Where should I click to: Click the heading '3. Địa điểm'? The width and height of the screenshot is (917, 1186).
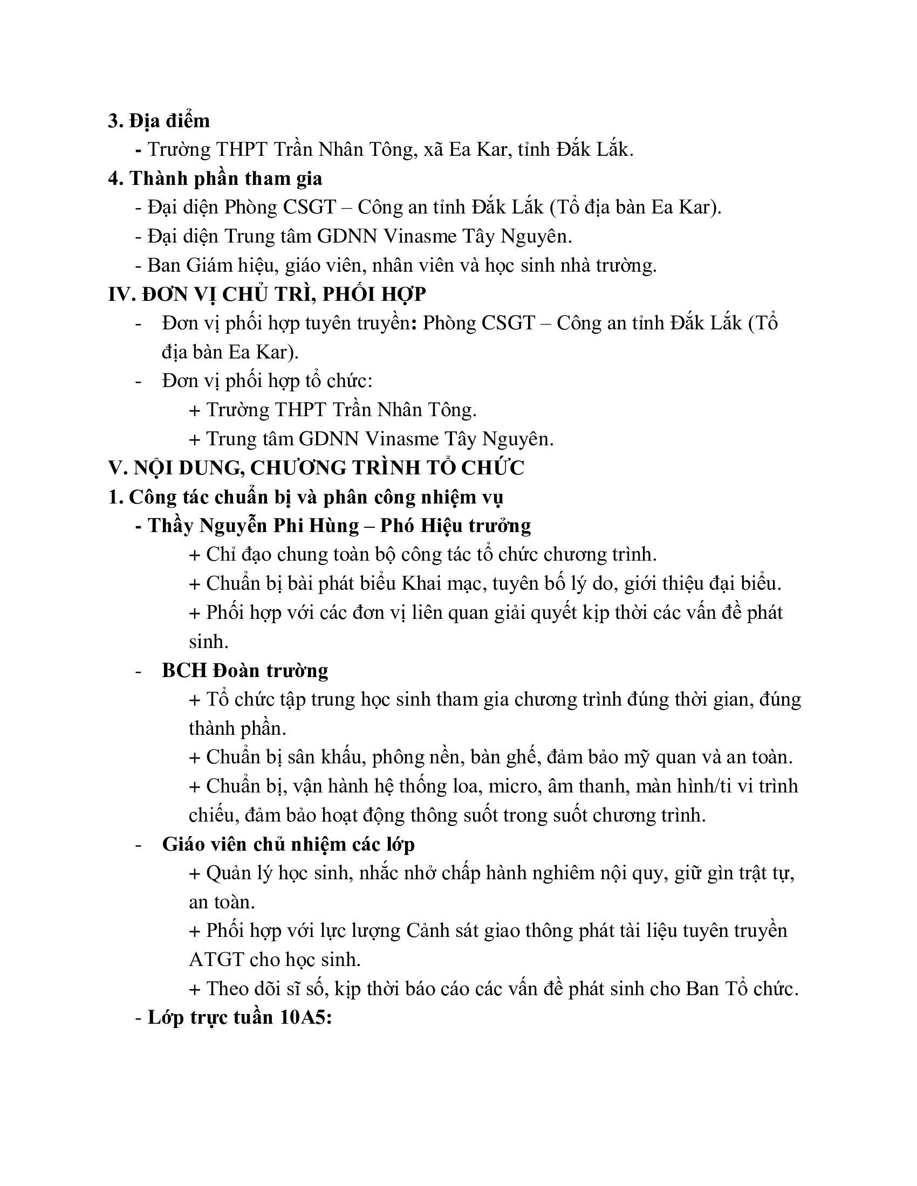tap(159, 121)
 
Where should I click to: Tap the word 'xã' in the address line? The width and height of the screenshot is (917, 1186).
tap(434, 149)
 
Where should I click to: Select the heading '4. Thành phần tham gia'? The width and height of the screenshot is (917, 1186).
tap(215, 178)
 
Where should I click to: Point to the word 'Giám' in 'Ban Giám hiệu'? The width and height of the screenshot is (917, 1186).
tap(211, 265)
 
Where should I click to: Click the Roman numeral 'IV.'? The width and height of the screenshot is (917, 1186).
tap(122, 294)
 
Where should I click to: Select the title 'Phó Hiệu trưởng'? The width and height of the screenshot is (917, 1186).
tap(455, 525)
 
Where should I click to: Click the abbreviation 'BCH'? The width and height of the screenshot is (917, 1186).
tap(184, 670)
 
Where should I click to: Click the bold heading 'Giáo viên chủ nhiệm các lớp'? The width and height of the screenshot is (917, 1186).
tap(288, 844)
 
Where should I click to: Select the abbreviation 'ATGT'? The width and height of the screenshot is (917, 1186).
tap(216, 960)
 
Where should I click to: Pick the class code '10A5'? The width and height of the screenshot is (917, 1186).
tap(305, 1018)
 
